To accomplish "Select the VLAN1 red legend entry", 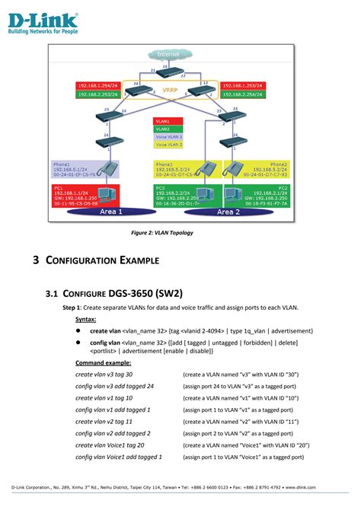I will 162,121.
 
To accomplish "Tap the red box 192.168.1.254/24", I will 98,86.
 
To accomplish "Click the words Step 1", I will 74,308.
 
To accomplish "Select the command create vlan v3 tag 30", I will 104,375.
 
